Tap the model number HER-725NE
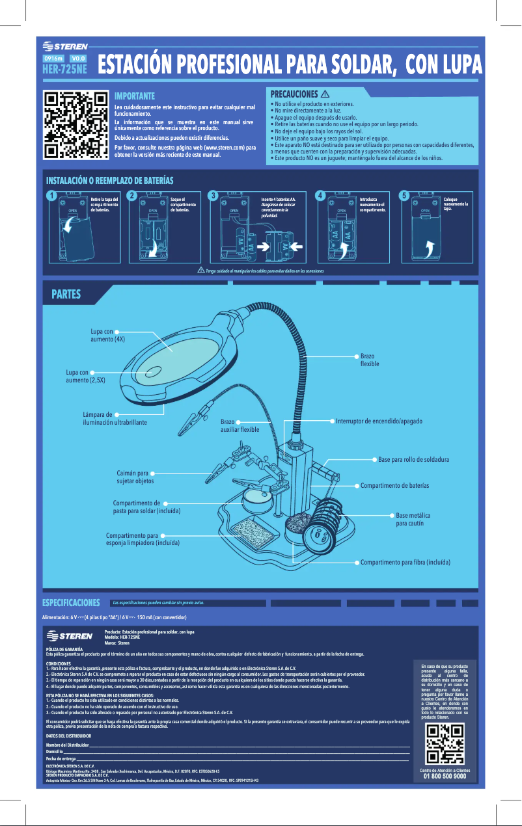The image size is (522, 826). (64, 68)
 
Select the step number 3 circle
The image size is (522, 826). (212, 195)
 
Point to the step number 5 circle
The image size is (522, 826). (404, 195)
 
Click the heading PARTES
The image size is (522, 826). (66, 295)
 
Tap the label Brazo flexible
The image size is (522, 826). (369, 360)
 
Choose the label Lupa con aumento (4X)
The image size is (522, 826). (107, 335)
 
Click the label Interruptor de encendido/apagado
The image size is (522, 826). (379, 421)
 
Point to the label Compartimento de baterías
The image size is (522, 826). (394, 486)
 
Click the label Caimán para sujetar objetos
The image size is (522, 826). (135, 477)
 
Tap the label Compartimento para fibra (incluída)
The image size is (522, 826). (405, 561)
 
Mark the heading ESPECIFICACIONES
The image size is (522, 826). (71, 603)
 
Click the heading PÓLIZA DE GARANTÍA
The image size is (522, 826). (64, 650)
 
